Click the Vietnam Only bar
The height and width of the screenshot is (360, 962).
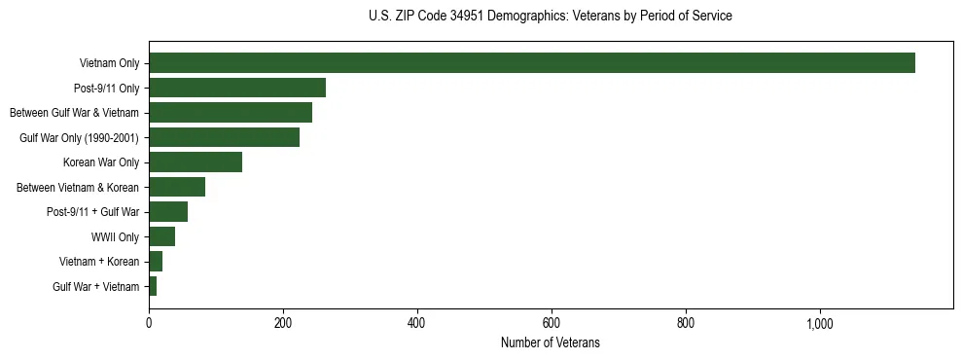(x=532, y=63)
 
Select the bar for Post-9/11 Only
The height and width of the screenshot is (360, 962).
(x=237, y=88)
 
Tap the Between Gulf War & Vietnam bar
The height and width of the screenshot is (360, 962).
(x=231, y=113)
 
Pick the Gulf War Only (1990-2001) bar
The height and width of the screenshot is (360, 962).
(x=224, y=137)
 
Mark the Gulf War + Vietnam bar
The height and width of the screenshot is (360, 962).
(x=153, y=286)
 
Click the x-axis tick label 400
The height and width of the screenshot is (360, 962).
(x=417, y=324)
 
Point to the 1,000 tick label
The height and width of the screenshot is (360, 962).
(x=820, y=324)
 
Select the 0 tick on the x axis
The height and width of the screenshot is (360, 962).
(x=149, y=324)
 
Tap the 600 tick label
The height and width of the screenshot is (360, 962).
(x=552, y=324)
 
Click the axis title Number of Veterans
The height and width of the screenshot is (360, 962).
(x=551, y=343)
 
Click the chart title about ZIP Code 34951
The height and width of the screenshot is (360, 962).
(x=551, y=17)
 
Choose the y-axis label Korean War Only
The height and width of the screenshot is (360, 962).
(x=101, y=162)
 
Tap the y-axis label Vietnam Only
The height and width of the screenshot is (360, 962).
(x=109, y=63)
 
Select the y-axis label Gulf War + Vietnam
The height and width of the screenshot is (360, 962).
(x=96, y=287)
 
